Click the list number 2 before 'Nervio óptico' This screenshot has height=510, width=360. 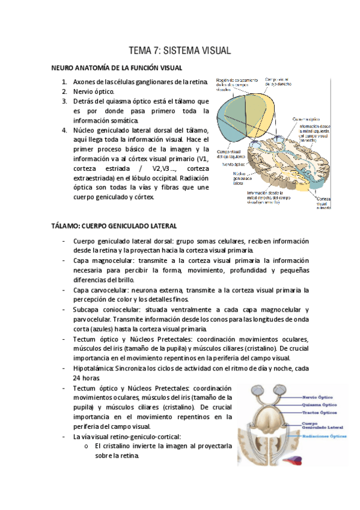[x=64, y=91]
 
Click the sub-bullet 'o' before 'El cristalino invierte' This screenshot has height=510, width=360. [x=87, y=446]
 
